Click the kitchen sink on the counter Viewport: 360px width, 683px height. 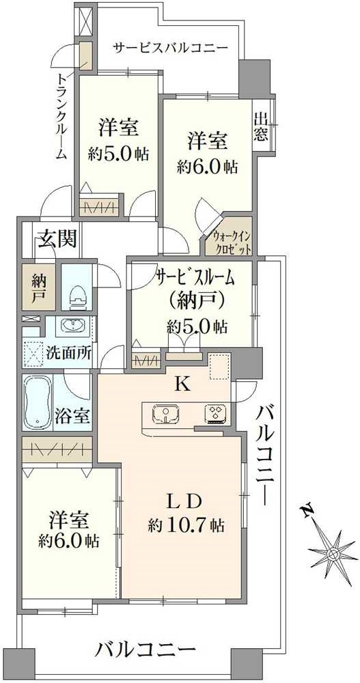pyautogui.click(x=166, y=414)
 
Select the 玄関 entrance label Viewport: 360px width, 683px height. pyautogui.click(x=56, y=239)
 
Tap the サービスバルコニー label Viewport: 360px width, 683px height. pyautogui.click(x=170, y=48)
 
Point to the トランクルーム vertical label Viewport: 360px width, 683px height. pyautogui.click(x=61, y=115)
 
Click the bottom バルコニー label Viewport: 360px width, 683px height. pyautogui.click(x=146, y=648)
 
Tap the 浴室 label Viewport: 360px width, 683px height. pyautogui.click(x=72, y=415)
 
